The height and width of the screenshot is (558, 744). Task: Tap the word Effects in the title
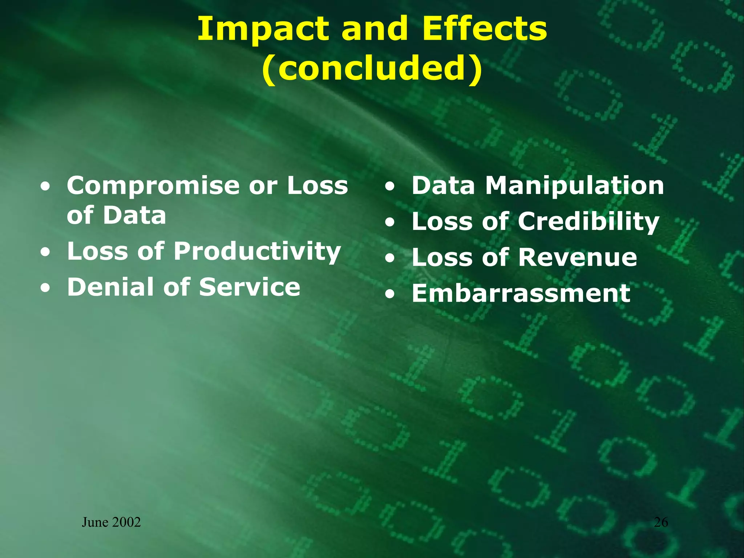coord(484,29)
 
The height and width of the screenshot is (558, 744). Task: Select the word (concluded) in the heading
coord(372,69)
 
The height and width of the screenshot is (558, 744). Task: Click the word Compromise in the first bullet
coord(153,186)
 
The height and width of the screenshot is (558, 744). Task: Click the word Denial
coord(110,287)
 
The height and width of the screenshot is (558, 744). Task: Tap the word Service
coord(250,287)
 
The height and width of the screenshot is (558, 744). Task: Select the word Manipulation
coord(575,186)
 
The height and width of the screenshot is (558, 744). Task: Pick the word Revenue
coord(578,258)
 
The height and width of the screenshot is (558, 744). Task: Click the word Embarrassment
coord(521,294)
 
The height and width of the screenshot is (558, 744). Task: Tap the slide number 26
coord(661,522)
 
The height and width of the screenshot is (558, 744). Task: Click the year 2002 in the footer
coord(126,522)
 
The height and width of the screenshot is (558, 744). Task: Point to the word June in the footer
coord(95,522)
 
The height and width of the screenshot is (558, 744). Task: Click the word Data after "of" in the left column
coord(134,215)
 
